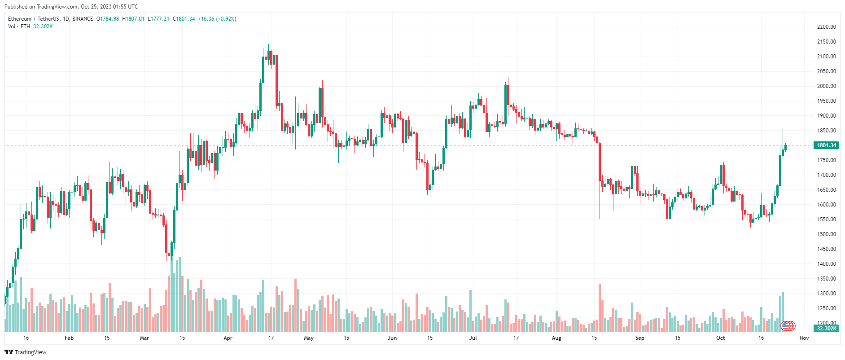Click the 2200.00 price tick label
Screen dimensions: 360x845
[826, 27]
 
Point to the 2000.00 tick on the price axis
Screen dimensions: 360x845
[826, 86]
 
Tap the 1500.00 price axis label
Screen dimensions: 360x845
[826, 234]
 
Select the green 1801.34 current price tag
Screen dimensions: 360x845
[826, 145]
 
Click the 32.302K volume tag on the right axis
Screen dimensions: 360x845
[826, 329]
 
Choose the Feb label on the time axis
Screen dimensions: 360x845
[69, 338]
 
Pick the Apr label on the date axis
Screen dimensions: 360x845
[228, 338]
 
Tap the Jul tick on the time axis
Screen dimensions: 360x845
[473, 338]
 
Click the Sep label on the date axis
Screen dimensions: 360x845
[639, 338]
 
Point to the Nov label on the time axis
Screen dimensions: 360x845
[804, 338]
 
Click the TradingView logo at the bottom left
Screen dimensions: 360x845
[26, 352]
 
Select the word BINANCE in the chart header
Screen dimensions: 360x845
[83, 19]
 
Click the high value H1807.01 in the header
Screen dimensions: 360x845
[133, 19]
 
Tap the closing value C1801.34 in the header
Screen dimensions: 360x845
[184, 19]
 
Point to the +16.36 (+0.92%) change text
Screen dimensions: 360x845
[217, 19]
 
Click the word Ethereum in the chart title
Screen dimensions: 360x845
[20, 19]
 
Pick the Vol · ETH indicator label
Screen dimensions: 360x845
[19, 26]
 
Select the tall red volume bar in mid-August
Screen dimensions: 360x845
[600, 308]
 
